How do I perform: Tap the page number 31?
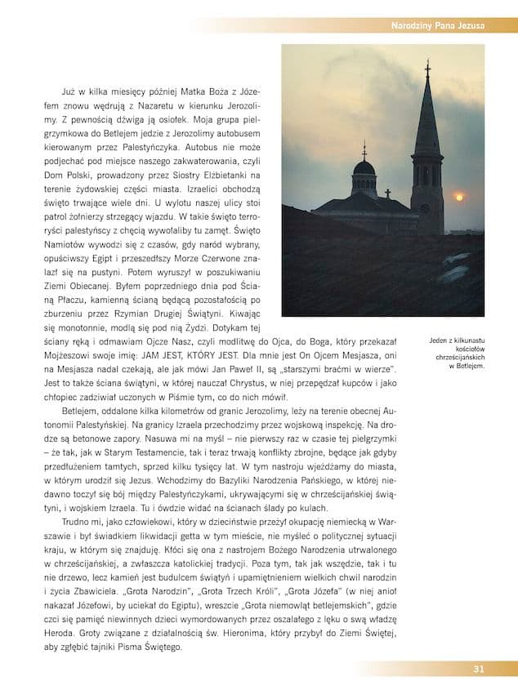[479, 670]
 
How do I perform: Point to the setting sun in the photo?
[458, 197]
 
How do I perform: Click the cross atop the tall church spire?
[426, 68]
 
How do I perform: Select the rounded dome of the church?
[364, 168]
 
